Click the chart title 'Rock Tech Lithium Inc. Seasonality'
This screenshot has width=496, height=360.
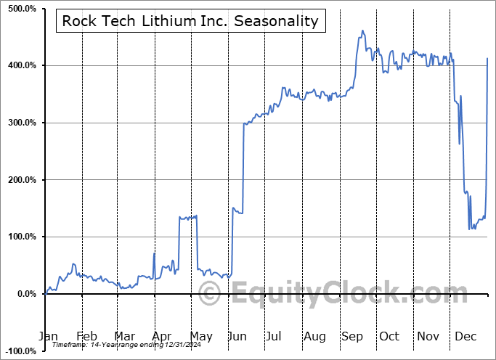pyautogui.click(x=190, y=20)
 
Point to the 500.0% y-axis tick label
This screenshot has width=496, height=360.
pyautogui.click(x=21, y=9)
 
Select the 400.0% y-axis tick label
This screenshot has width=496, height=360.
pyautogui.click(x=21, y=66)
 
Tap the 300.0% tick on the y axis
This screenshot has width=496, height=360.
pyautogui.click(x=21, y=123)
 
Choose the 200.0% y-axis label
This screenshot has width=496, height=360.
pyautogui.click(x=21, y=180)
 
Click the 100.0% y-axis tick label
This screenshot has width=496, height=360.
pyautogui.click(x=21, y=237)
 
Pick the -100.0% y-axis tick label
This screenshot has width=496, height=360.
pyautogui.click(x=20, y=351)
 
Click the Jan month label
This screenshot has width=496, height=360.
pyautogui.click(x=48, y=336)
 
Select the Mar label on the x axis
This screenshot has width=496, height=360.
pyautogui.click(x=124, y=336)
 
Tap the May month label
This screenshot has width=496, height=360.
pyautogui.click(x=200, y=336)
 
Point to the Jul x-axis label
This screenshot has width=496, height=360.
pyautogui.click(x=275, y=336)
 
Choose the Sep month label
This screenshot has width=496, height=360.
pyautogui.click(x=351, y=336)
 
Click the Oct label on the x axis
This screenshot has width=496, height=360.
pyautogui.click(x=389, y=336)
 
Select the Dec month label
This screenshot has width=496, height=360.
pyautogui.click(x=465, y=336)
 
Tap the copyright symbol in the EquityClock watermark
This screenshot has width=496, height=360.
pyautogui.click(x=210, y=295)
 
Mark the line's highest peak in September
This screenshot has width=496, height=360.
pyautogui.click(x=362, y=31)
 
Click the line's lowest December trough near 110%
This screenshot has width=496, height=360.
pyautogui.click(x=470, y=229)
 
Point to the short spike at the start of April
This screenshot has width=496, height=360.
pyautogui.click(x=154, y=253)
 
